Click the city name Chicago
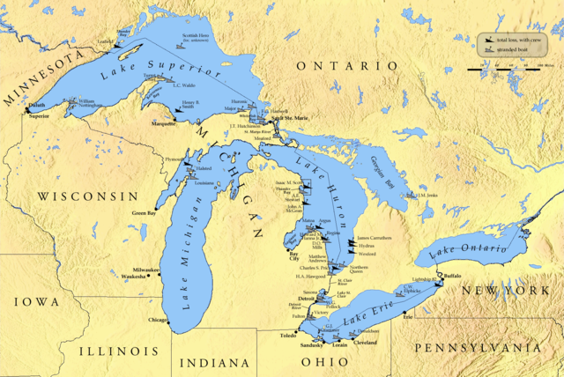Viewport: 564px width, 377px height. (159, 320)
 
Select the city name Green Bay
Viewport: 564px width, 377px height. (145, 212)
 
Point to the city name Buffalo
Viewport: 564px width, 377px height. (453, 277)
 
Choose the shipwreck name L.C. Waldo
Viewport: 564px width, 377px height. (183, 85)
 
